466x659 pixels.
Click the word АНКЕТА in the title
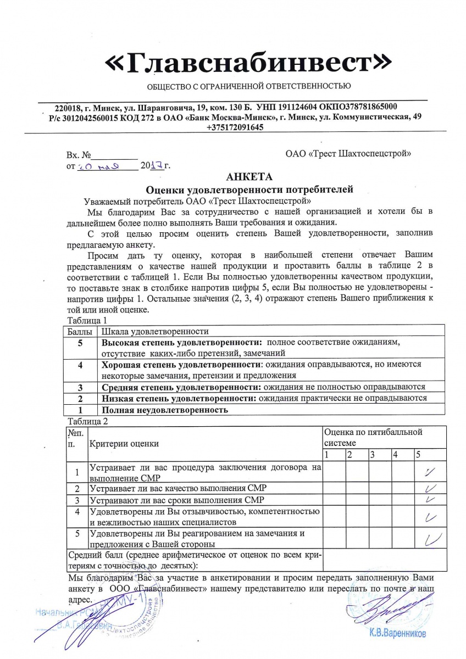[248, 176]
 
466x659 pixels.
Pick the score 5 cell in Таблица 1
[80, 343]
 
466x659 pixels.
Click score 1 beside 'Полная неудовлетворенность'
[80, 410]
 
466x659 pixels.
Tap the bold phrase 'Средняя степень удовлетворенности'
[180, 387]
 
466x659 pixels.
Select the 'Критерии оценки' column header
[124, 443]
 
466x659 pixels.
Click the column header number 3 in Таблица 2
[373, 455]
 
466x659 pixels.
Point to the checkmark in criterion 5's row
[430, 539]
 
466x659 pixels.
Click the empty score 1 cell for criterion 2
[334, 488]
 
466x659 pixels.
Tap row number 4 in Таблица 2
[77, 511]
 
